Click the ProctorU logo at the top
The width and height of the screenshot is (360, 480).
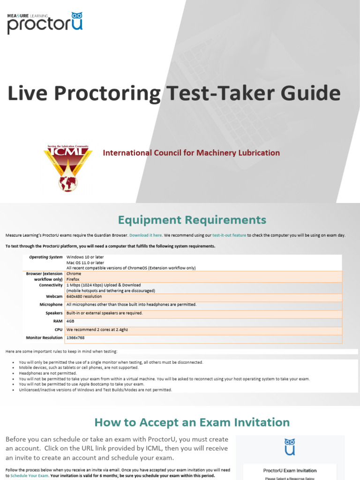pyautogui.click(x=45, y=23)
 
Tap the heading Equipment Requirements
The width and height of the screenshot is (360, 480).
pyautogui.click(x=192, y=220)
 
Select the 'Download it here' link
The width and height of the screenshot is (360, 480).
pyautogui.click(x=145, y=235)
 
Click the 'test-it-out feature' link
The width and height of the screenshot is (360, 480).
pyautogui.click(x=229, y=235)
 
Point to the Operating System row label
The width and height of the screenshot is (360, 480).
pyautogui.click(x=45, y=257)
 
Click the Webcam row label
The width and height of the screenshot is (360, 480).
pyautogui.click(x=54, y=296)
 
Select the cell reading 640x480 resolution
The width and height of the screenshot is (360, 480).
pyautogui.click(x=84, y=296)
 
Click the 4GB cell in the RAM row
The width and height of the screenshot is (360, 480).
pyautogui.click(x=70, y=322)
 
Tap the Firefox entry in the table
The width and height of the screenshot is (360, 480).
pyautogui.click(x=74, y=279)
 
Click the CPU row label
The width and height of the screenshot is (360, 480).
pyautogui.click(x=58, y=330)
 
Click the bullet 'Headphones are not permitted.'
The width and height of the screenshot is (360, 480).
pyautogui.click(x=47, y=373)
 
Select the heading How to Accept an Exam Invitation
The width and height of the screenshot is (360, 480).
pyautogui.click(x=192, y=422)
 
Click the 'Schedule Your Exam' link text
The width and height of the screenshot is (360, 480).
pyautogui.click(x=29, y=476)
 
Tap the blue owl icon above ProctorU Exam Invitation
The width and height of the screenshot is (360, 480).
pyautogui.click(x=290, y=447)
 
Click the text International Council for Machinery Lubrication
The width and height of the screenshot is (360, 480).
pyautogui.click(x=191, y=153)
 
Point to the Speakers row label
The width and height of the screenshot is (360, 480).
pyautogui.click(x=54, y=313)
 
